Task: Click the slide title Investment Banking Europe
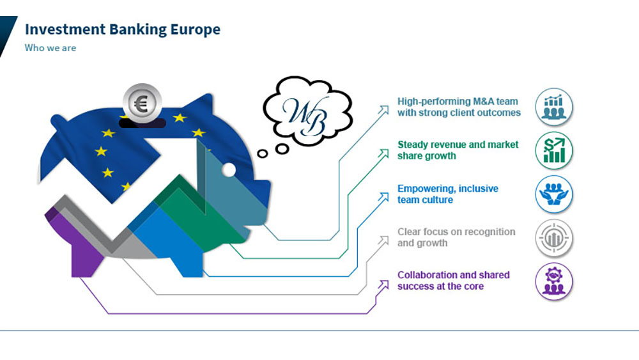click(122, 29)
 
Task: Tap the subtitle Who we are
click(50, 48)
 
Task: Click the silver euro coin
click(142, 103)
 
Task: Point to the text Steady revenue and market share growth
click(458, 150)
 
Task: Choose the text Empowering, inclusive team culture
click(447, 194)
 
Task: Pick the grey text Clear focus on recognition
click(456, 237)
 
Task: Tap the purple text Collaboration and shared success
click(453, 280)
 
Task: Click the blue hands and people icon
click(553, 194)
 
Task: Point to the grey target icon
click(553, 238)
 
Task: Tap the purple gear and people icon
click(553, 281)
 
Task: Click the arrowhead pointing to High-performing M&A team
click(383, 110)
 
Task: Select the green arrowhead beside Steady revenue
click(384, 153)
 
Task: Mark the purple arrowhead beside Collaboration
click(383, 283)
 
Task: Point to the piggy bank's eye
click(228, 169)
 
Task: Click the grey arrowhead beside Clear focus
click(383, 240)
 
